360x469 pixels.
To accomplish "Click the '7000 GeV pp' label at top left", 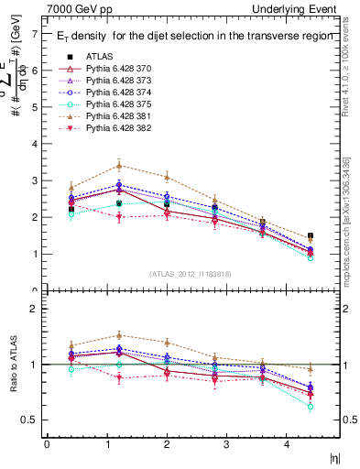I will click(x=75, y=8).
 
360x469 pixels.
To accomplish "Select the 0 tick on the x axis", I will click(x=47, y=444).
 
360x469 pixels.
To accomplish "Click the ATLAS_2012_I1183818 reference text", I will click(x=191, y=274).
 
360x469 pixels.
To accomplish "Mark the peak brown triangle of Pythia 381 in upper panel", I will click(x=118, y=166).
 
